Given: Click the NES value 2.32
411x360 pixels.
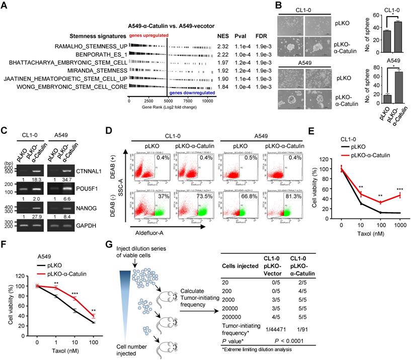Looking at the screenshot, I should (x=222, y=46).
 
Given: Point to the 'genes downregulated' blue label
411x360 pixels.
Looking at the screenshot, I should (x=192, y=93).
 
